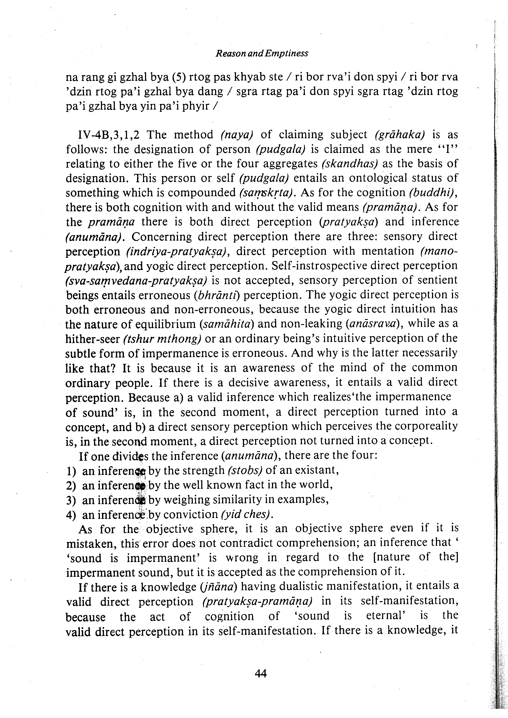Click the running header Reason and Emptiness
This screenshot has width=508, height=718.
point(262,54)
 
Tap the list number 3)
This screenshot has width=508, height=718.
point(71,500)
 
